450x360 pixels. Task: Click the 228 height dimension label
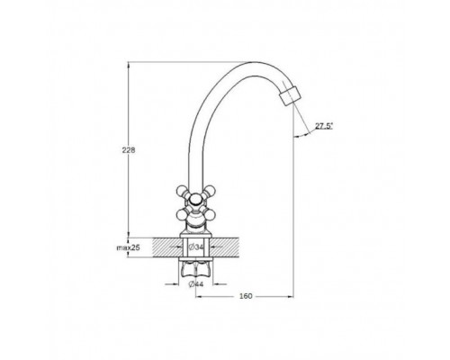(x=129, y=150)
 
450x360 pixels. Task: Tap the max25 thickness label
(x=129, y=247)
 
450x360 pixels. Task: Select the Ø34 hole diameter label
(x=196, y=247)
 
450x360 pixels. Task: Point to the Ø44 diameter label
(x=196, y=284)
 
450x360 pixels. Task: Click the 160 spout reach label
(x=246, y=296)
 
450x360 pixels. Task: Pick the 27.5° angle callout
(x=324, y=126)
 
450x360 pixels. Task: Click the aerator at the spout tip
(x=289, y=96)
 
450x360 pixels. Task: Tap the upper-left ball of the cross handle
(x=182, y=191)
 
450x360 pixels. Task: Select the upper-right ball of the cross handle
(x=210, y=191)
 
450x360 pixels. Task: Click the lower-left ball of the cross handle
(x=182, y=214)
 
